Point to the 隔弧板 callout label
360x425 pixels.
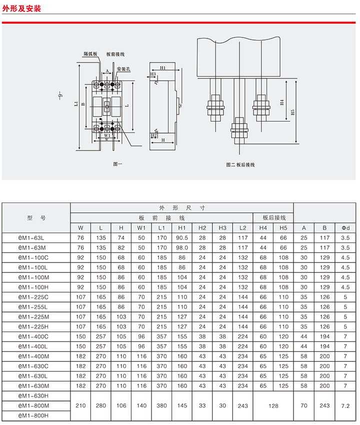tap(90, 53)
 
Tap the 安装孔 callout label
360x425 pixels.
tap(123, 69)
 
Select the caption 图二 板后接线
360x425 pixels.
tap(240, 164)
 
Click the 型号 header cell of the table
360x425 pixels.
tap(36, 218)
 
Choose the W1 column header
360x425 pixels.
tap(141, 228)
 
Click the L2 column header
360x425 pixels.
tap(243, 228)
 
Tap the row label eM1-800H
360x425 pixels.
tap(33, 416)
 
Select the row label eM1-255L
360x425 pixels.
tap(33, 307)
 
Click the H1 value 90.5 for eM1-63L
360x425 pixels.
tap(182, 238)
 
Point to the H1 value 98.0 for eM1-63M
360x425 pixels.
tap(182, 247)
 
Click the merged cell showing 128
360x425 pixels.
tap(273, 406)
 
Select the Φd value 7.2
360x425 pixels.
tap(345, 406)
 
